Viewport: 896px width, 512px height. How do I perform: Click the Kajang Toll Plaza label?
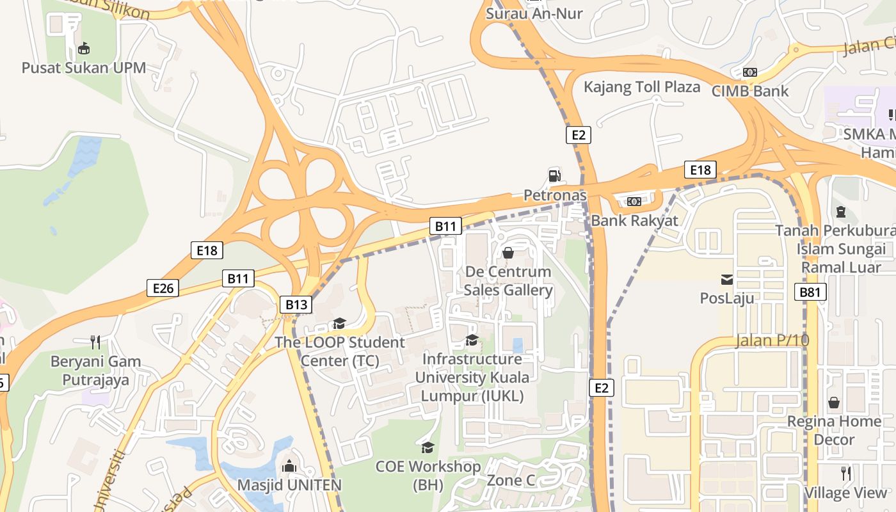tap(642, 87)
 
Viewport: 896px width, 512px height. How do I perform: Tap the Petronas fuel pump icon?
tap(554, 175)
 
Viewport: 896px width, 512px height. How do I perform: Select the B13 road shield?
tap(296, 305)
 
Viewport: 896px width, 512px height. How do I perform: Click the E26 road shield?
tap(163, 289)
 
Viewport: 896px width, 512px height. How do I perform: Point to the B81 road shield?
tap(810, 292)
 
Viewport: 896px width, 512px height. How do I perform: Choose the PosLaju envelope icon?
tap(727, 279)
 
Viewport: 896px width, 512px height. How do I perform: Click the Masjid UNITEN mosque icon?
tap(289, 466)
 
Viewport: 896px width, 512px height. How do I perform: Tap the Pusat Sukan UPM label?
tap(84, 68)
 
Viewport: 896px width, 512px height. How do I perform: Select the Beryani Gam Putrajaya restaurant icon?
tap(95, 342)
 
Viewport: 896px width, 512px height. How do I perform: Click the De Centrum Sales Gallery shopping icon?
tap(508, 253)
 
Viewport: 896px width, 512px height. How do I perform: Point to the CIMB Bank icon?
tap(750, 72)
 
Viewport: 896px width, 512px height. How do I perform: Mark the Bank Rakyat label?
tap(635, 221)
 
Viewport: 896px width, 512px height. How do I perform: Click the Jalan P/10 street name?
tap(772, 340)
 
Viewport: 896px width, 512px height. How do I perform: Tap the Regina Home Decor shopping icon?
tap(834, 403)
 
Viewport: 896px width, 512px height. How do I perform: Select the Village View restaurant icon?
tap(846, 474)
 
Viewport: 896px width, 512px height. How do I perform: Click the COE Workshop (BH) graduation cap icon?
tap(428, 447)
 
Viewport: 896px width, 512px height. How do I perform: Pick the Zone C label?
tap(511, 480)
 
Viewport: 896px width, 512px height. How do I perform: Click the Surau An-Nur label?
tap(534, 13)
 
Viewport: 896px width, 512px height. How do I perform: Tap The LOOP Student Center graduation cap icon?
tap(339, 324)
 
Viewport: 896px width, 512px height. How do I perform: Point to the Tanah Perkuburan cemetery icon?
tap(841, 212)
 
